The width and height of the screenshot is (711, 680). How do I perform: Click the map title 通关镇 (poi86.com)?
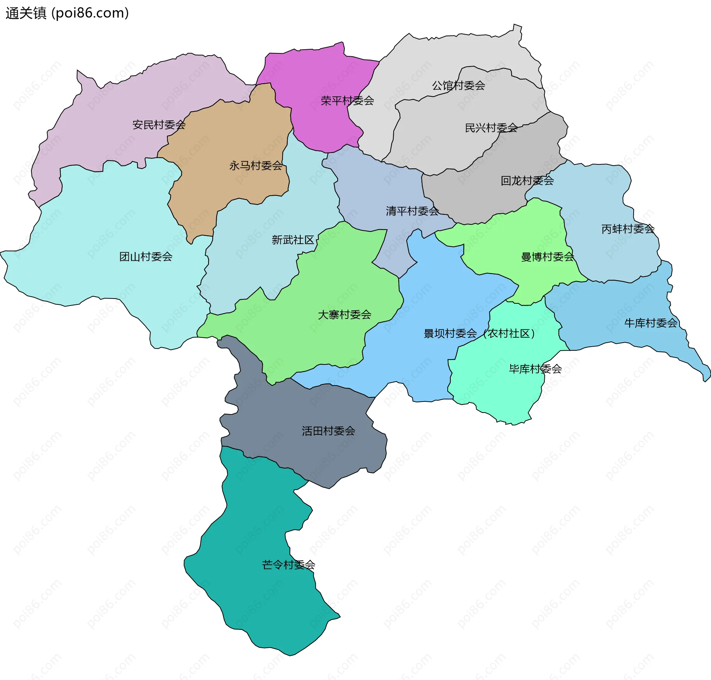(x=67, y=13)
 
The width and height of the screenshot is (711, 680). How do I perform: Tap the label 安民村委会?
(x=159, y=125)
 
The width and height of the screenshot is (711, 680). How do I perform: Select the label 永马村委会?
(x=256, y=166)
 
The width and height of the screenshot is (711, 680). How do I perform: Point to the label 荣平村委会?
(x=347, y=101)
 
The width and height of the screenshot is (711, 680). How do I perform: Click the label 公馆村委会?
(x=458, y=86)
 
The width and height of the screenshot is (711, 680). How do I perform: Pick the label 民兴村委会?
(x=491, y=128)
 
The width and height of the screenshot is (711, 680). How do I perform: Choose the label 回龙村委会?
(x=527, y=181)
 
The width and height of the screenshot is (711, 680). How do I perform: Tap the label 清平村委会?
(x=412, y=211)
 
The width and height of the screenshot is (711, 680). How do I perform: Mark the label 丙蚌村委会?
(x=628, y=229)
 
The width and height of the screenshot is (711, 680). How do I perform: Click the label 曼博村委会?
(x=547, y=257)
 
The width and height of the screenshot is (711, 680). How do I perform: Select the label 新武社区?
(x=293, y=240)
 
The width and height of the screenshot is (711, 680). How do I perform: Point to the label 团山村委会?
(x=146, y=257)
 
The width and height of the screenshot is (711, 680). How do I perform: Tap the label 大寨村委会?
(x=344, y=315)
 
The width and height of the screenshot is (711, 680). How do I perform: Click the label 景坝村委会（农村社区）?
(x=480, y=334)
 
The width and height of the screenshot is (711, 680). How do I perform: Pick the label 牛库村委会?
(x=651, y=323)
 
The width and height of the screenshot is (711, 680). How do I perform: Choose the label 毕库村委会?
(x=535, y=369)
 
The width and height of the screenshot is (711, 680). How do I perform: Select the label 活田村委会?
(x=328, y=431)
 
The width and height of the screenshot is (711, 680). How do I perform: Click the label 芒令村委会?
(x=288, y=565)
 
